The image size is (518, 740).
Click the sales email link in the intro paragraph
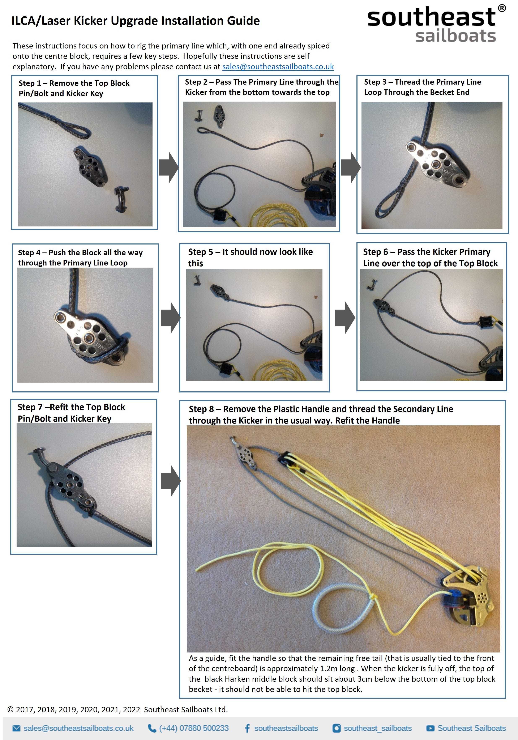[278, 67]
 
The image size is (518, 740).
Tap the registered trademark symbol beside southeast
[502, 9]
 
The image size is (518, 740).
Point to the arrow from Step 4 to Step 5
[170, 318]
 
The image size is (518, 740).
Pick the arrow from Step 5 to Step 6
[345, 318]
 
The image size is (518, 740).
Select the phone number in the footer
[194, 728]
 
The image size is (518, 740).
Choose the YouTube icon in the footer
[430, 728]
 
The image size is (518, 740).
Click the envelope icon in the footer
[16, 728]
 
